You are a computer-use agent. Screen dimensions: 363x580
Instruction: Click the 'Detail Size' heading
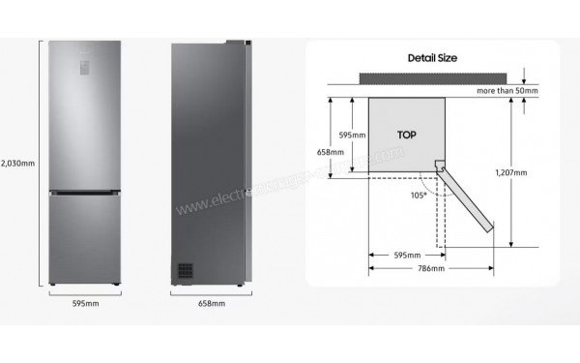click(x=431, y=58)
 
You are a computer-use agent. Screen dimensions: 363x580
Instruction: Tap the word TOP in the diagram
click(x=406, y=135)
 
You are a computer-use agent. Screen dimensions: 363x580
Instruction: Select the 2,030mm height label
click(x=17, y=163)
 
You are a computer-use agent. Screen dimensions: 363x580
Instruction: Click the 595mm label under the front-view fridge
click(x=86, y=304)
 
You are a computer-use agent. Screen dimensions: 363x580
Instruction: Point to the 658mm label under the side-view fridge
click(x=212, y=304)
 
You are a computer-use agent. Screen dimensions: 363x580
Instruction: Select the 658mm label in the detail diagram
click(x=330, y=152)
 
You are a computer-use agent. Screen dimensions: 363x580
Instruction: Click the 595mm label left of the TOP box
click(x=353, y=136)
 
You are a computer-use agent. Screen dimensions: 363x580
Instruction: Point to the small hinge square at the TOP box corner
click(x=440, y=166)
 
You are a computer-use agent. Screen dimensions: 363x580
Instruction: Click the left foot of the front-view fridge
click(x=54, y=287)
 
